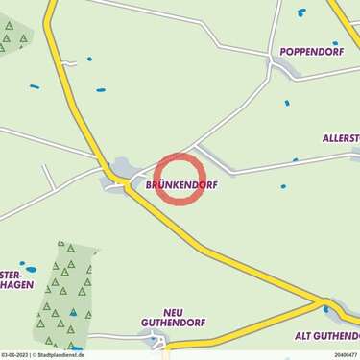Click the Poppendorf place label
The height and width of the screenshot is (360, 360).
point(311,50)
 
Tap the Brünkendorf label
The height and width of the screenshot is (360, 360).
point(176,184)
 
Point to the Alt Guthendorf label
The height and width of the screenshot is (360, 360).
point(325,335)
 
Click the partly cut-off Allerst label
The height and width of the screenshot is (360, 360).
point(341,138)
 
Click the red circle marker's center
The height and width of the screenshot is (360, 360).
point(180,179)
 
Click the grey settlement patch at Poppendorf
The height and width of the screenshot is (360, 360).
point(284,67)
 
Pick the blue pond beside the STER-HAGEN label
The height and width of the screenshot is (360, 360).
point(30,269)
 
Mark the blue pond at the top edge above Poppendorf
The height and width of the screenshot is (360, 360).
point(301,12)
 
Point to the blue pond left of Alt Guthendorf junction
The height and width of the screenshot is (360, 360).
point(325,309)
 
